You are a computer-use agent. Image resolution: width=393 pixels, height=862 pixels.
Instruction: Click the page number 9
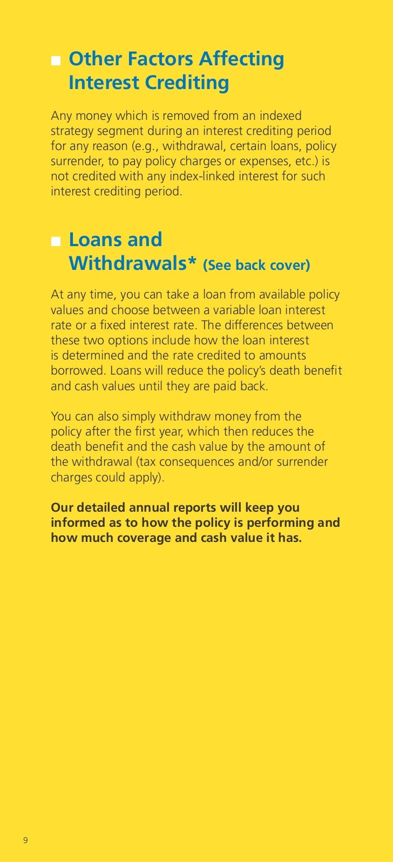[25, 840]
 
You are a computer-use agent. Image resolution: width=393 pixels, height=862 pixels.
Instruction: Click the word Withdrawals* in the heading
[132, 263]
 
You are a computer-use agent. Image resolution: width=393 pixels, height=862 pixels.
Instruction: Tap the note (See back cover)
[256, 265]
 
